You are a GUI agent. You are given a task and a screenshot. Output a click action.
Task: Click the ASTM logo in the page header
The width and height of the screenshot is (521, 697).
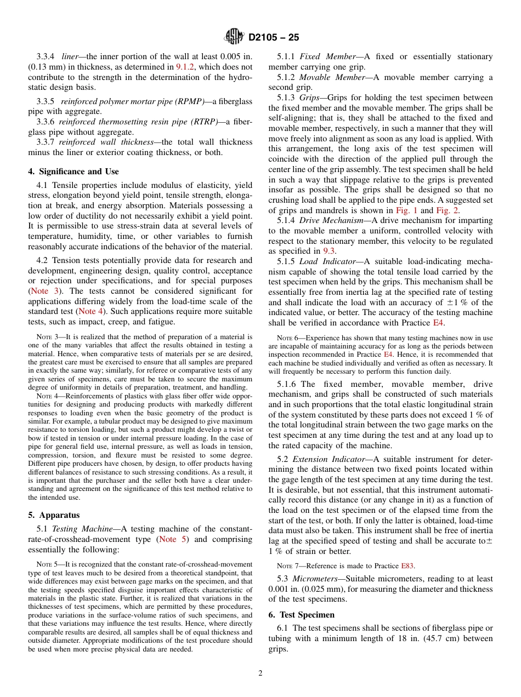(234, 37)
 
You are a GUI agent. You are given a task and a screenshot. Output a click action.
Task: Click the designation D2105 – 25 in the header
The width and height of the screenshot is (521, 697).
(274, 38)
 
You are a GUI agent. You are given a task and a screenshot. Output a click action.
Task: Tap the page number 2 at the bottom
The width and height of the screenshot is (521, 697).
(260, 673)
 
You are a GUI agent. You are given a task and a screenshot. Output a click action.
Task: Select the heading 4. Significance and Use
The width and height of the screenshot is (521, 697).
(73, 172)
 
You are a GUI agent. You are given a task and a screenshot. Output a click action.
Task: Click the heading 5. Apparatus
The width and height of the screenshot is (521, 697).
(54, 515)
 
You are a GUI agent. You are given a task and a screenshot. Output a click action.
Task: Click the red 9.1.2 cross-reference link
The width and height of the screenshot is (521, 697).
(186, 67)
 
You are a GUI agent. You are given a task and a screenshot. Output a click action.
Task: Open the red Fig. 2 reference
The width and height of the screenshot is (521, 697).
(447, 210)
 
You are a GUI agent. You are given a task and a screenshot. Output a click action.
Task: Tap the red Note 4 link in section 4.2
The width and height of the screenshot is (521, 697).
(90, 311)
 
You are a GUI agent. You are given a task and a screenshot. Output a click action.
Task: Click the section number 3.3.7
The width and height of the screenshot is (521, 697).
(46, 142)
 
